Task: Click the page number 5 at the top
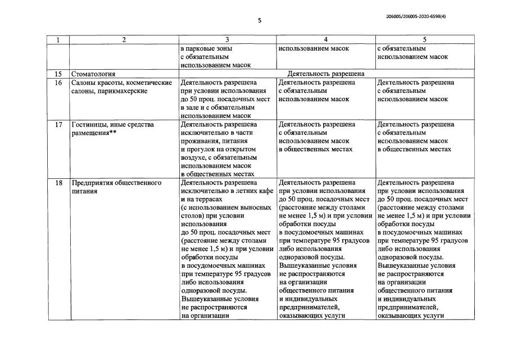point(260,21)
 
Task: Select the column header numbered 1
point(58,40)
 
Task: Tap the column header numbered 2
point(124,40)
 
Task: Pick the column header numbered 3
point(227,40)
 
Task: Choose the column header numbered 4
point(325,40)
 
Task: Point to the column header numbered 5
point(424,40)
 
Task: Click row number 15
point(58,74)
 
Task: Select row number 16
point(58,83)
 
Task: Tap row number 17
point(58,124)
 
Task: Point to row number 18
point(58,183)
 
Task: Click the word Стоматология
point(93,74)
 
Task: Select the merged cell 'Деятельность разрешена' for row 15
point(326,74)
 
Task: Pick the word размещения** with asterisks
point(94,133)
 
